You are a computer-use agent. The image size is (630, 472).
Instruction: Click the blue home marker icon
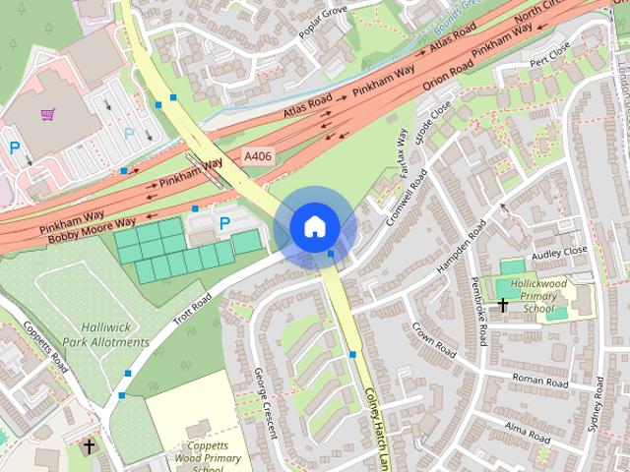pos(313,227)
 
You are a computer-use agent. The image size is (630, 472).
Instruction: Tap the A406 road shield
pos(258,156)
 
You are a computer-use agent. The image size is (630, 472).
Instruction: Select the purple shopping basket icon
pos(46,113)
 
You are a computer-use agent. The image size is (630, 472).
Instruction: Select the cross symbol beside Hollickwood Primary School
pos(502,306)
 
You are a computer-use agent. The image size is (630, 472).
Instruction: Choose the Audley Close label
pos(559,251)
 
